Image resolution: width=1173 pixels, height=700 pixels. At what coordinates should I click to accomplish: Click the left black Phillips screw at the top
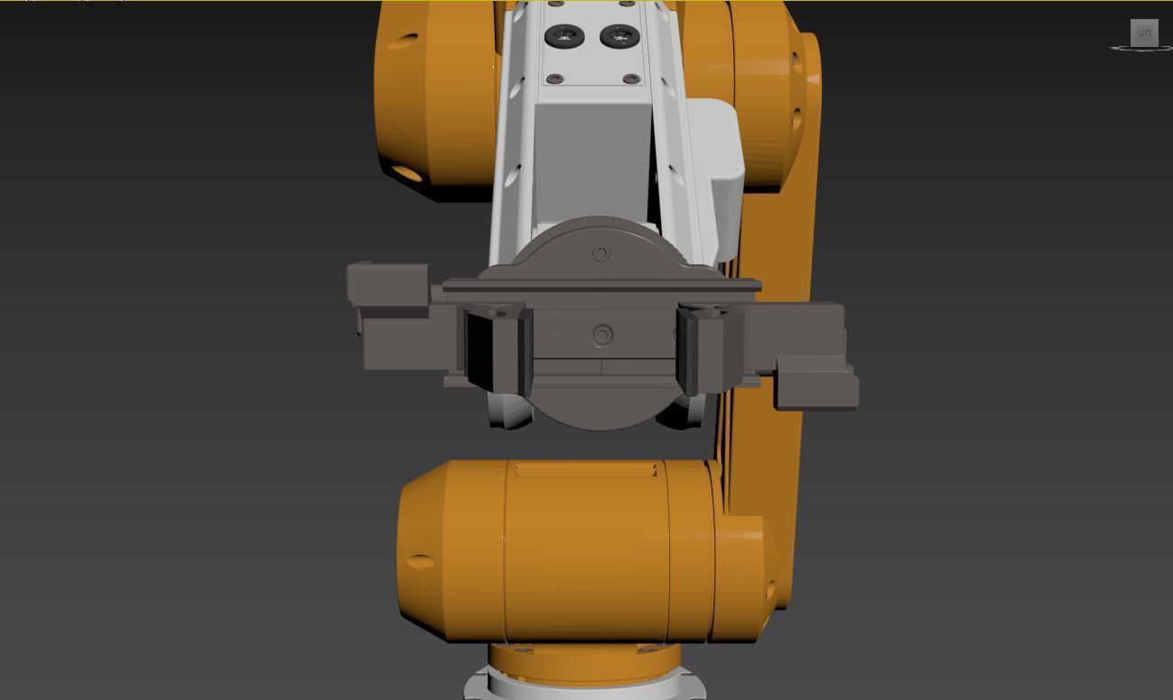pyautogui.click(x=565, y=37)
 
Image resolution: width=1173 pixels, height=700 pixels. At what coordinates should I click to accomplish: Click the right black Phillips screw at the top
pyautogui.click(x=618, y=37)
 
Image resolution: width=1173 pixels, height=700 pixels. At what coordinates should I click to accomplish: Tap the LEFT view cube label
pyautogui.click(x=1144, y=33)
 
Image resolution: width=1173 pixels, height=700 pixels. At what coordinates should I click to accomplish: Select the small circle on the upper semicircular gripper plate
pyautogui.click(x=601, y=253)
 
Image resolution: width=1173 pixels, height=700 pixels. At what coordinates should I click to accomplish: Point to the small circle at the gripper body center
pyautogui.click(x=602, y=336)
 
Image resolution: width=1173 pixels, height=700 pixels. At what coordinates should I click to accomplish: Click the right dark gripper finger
pyautogui.click(x=708, y=348)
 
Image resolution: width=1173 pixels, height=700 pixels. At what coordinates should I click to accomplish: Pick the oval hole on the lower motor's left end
pyautogui.click(x=421, y=562)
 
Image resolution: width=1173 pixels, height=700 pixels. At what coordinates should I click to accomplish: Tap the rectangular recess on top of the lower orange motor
pyautogui.click(x=585, y=469)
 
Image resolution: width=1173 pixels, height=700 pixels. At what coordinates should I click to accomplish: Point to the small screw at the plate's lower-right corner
pyautogui.click(x=629, y=78)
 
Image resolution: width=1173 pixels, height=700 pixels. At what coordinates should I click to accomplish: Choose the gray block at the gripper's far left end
pyautogui.click(x=388, y=282)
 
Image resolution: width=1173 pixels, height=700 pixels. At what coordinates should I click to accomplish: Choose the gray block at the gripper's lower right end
pyautogui.click(x=816, y=383)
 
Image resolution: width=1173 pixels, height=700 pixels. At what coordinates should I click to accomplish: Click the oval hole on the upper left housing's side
pyautogui.click(x=403, y=41)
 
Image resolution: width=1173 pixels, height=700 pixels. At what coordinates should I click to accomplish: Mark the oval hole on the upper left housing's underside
pyautogui.click(x=407, y=172)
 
